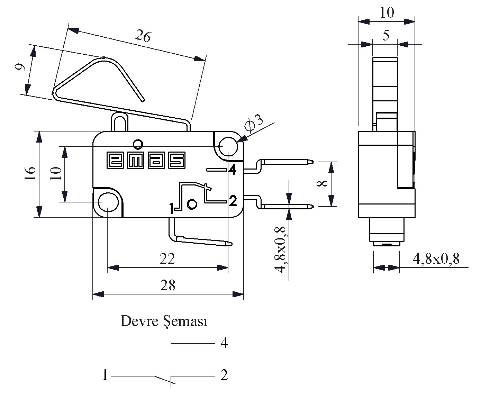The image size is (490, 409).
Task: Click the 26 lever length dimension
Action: pyautogui.click(x=143, y=36)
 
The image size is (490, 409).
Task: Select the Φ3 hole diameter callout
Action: pyautogui.click(x=254, y=122)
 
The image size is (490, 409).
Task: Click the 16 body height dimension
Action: pyautogui.click(x=30, y=174)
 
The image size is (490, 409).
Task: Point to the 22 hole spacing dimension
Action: pyautogui.click(x=167, y=259)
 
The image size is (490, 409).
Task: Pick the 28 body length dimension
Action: pyautogui.click(x=168, y=285)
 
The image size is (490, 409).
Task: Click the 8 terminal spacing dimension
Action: pyautogui.click(x=322, y=183)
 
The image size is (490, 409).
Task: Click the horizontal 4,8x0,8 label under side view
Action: pyautogui.click(x=436, y=259)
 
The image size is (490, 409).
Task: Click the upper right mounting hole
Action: pyautogui.click(x=228, y=147)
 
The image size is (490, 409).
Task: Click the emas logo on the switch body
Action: pyautogui.click(x=146, y=160)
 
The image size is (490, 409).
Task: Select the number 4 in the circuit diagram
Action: pyautogui.click(x=224, y=343)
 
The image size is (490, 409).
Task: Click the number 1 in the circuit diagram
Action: pyautogui.click(x=105, y=375)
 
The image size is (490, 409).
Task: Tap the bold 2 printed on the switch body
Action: pyautogui.click(x=233, y=201)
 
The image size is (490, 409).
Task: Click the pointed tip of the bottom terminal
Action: pyautogui.click(x=232, y=244)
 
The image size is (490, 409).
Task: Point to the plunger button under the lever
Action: pyautogui.click(x=120, y=121)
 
